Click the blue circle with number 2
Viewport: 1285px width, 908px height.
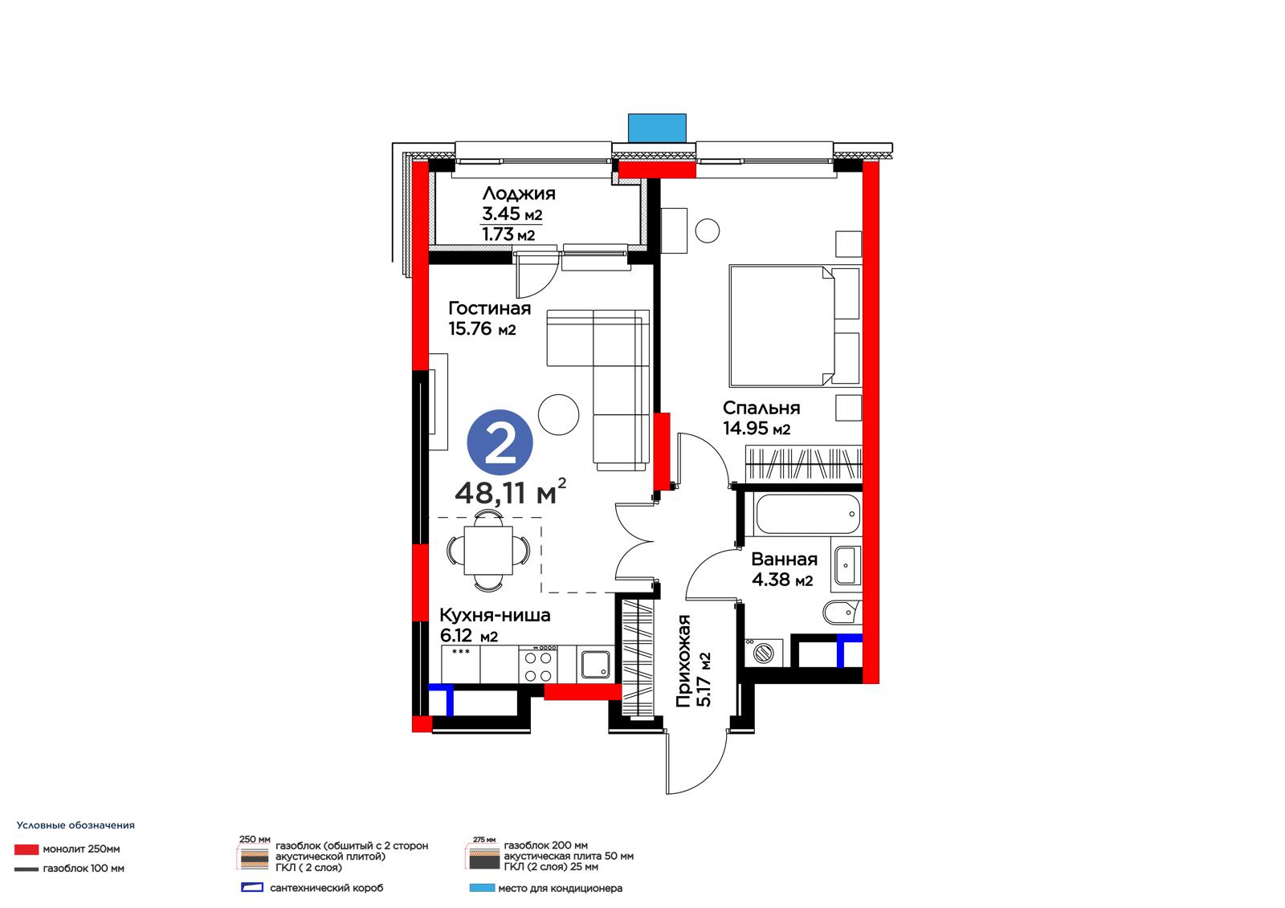coord(500,442)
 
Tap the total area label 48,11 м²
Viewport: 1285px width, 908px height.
coord(510,491)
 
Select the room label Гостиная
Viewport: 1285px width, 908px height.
coord(489,308)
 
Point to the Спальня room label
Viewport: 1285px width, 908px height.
coord(761,408)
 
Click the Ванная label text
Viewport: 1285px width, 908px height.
coord(784,560)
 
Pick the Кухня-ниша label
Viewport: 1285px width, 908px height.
coord(495,615)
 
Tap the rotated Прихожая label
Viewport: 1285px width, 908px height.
coord(683,661)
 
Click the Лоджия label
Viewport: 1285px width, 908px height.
coord(519,193)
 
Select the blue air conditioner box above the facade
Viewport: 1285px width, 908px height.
coord(657,128)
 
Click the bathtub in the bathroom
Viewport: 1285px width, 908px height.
coord(808,515)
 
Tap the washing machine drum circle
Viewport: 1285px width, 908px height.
coord(764,654)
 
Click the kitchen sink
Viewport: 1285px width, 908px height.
coord(596,665)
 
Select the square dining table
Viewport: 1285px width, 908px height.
coord(488,550)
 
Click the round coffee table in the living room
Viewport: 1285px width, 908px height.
coord(559,415)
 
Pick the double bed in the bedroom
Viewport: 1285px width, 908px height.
coord(794,325)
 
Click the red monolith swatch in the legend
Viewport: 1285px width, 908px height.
coord(27,849)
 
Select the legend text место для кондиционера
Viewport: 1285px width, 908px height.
coord(560,889)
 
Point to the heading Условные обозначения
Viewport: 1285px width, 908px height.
coord(75,825)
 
